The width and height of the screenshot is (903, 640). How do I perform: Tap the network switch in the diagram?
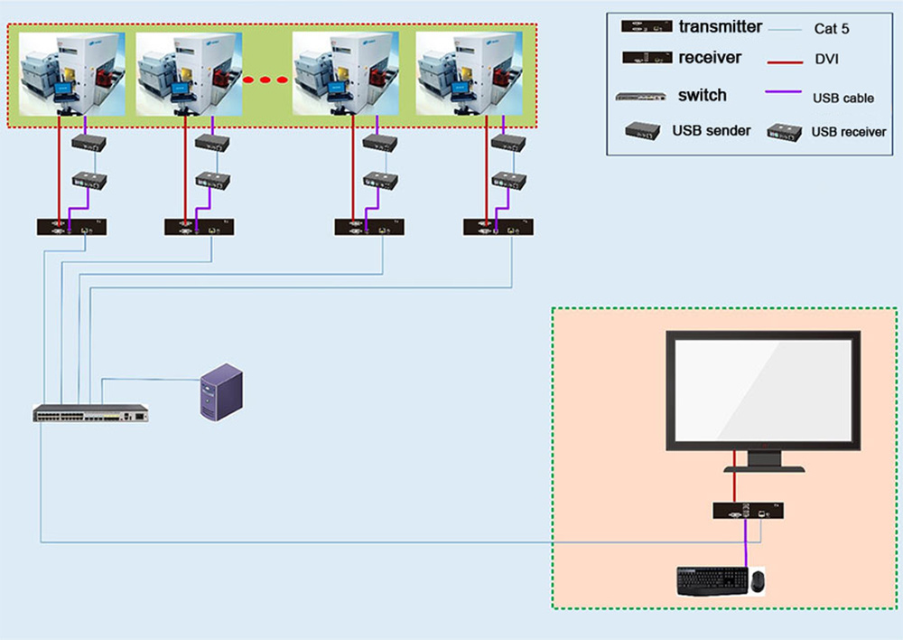click(x=90, y=414)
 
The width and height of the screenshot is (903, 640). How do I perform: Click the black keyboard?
click(x=711, y=580)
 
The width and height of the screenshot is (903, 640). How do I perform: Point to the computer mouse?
click(x=756, y=580)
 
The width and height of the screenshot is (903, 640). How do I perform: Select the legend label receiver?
click(x=710, y=58)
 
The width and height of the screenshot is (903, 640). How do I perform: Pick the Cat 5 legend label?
click(x=831, y=29)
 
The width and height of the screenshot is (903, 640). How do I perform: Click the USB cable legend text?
click(x=842, y=99)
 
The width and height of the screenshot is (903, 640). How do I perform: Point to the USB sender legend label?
click(x=711, y=131)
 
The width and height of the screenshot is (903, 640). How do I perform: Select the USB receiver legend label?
click(x=848, y=132)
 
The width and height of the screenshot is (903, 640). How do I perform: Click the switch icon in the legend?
click(x=639, y=96)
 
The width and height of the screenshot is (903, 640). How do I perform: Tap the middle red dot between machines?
click(x=265, y=80)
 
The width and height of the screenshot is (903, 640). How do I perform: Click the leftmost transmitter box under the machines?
click(x=71, y=227)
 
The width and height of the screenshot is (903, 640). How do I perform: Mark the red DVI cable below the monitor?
click(x=735, y=484)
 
